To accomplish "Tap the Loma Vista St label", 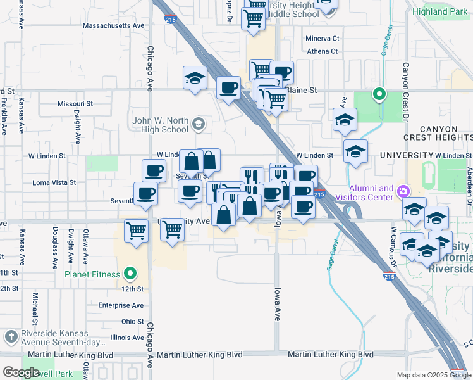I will click(54, 182).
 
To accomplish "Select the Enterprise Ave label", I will click(121, 305).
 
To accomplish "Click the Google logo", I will click(21, 372).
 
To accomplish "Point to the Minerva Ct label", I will click(322, 39).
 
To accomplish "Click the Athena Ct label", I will click(322, 51).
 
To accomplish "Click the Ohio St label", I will click(133, 321).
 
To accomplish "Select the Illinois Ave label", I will click(127, 338).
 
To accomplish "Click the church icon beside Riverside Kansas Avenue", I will click(11, 336).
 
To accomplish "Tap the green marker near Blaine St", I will click(379, 95).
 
